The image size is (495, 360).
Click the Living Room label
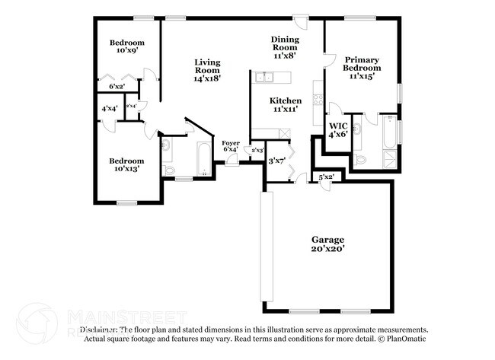click(206, 70)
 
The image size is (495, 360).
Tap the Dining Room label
click(286, 44)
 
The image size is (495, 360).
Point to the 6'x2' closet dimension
click(116, 87)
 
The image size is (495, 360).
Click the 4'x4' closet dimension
click(109, 108)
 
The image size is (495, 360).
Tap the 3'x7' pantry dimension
click(275, 161)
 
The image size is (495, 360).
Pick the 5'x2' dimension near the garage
click(326, 177)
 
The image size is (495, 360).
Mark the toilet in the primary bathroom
click(360, 159)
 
